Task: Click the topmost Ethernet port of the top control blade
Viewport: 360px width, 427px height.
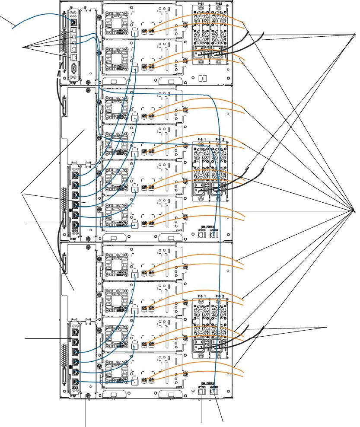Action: point(75,22)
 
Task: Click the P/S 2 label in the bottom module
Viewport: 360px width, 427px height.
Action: point(220,296)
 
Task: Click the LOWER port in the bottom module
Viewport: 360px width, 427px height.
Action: point(214,392)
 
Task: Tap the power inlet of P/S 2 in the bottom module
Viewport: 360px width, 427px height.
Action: point(218,345)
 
